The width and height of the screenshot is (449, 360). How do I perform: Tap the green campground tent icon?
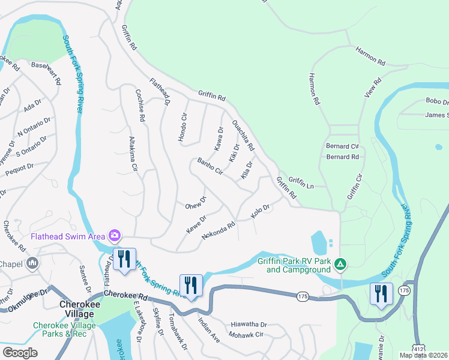(340, 263)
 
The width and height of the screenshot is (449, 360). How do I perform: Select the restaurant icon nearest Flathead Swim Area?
(124, 259)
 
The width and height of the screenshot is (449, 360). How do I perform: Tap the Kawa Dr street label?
(219, 139)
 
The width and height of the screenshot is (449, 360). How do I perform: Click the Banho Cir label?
(210, 166)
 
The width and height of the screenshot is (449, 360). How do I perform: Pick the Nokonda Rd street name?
(218, 228)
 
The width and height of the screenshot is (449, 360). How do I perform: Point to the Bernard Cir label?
(342, 146)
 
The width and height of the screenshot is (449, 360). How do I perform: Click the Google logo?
(20, 352)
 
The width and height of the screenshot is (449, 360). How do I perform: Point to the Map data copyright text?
(423, 355)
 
